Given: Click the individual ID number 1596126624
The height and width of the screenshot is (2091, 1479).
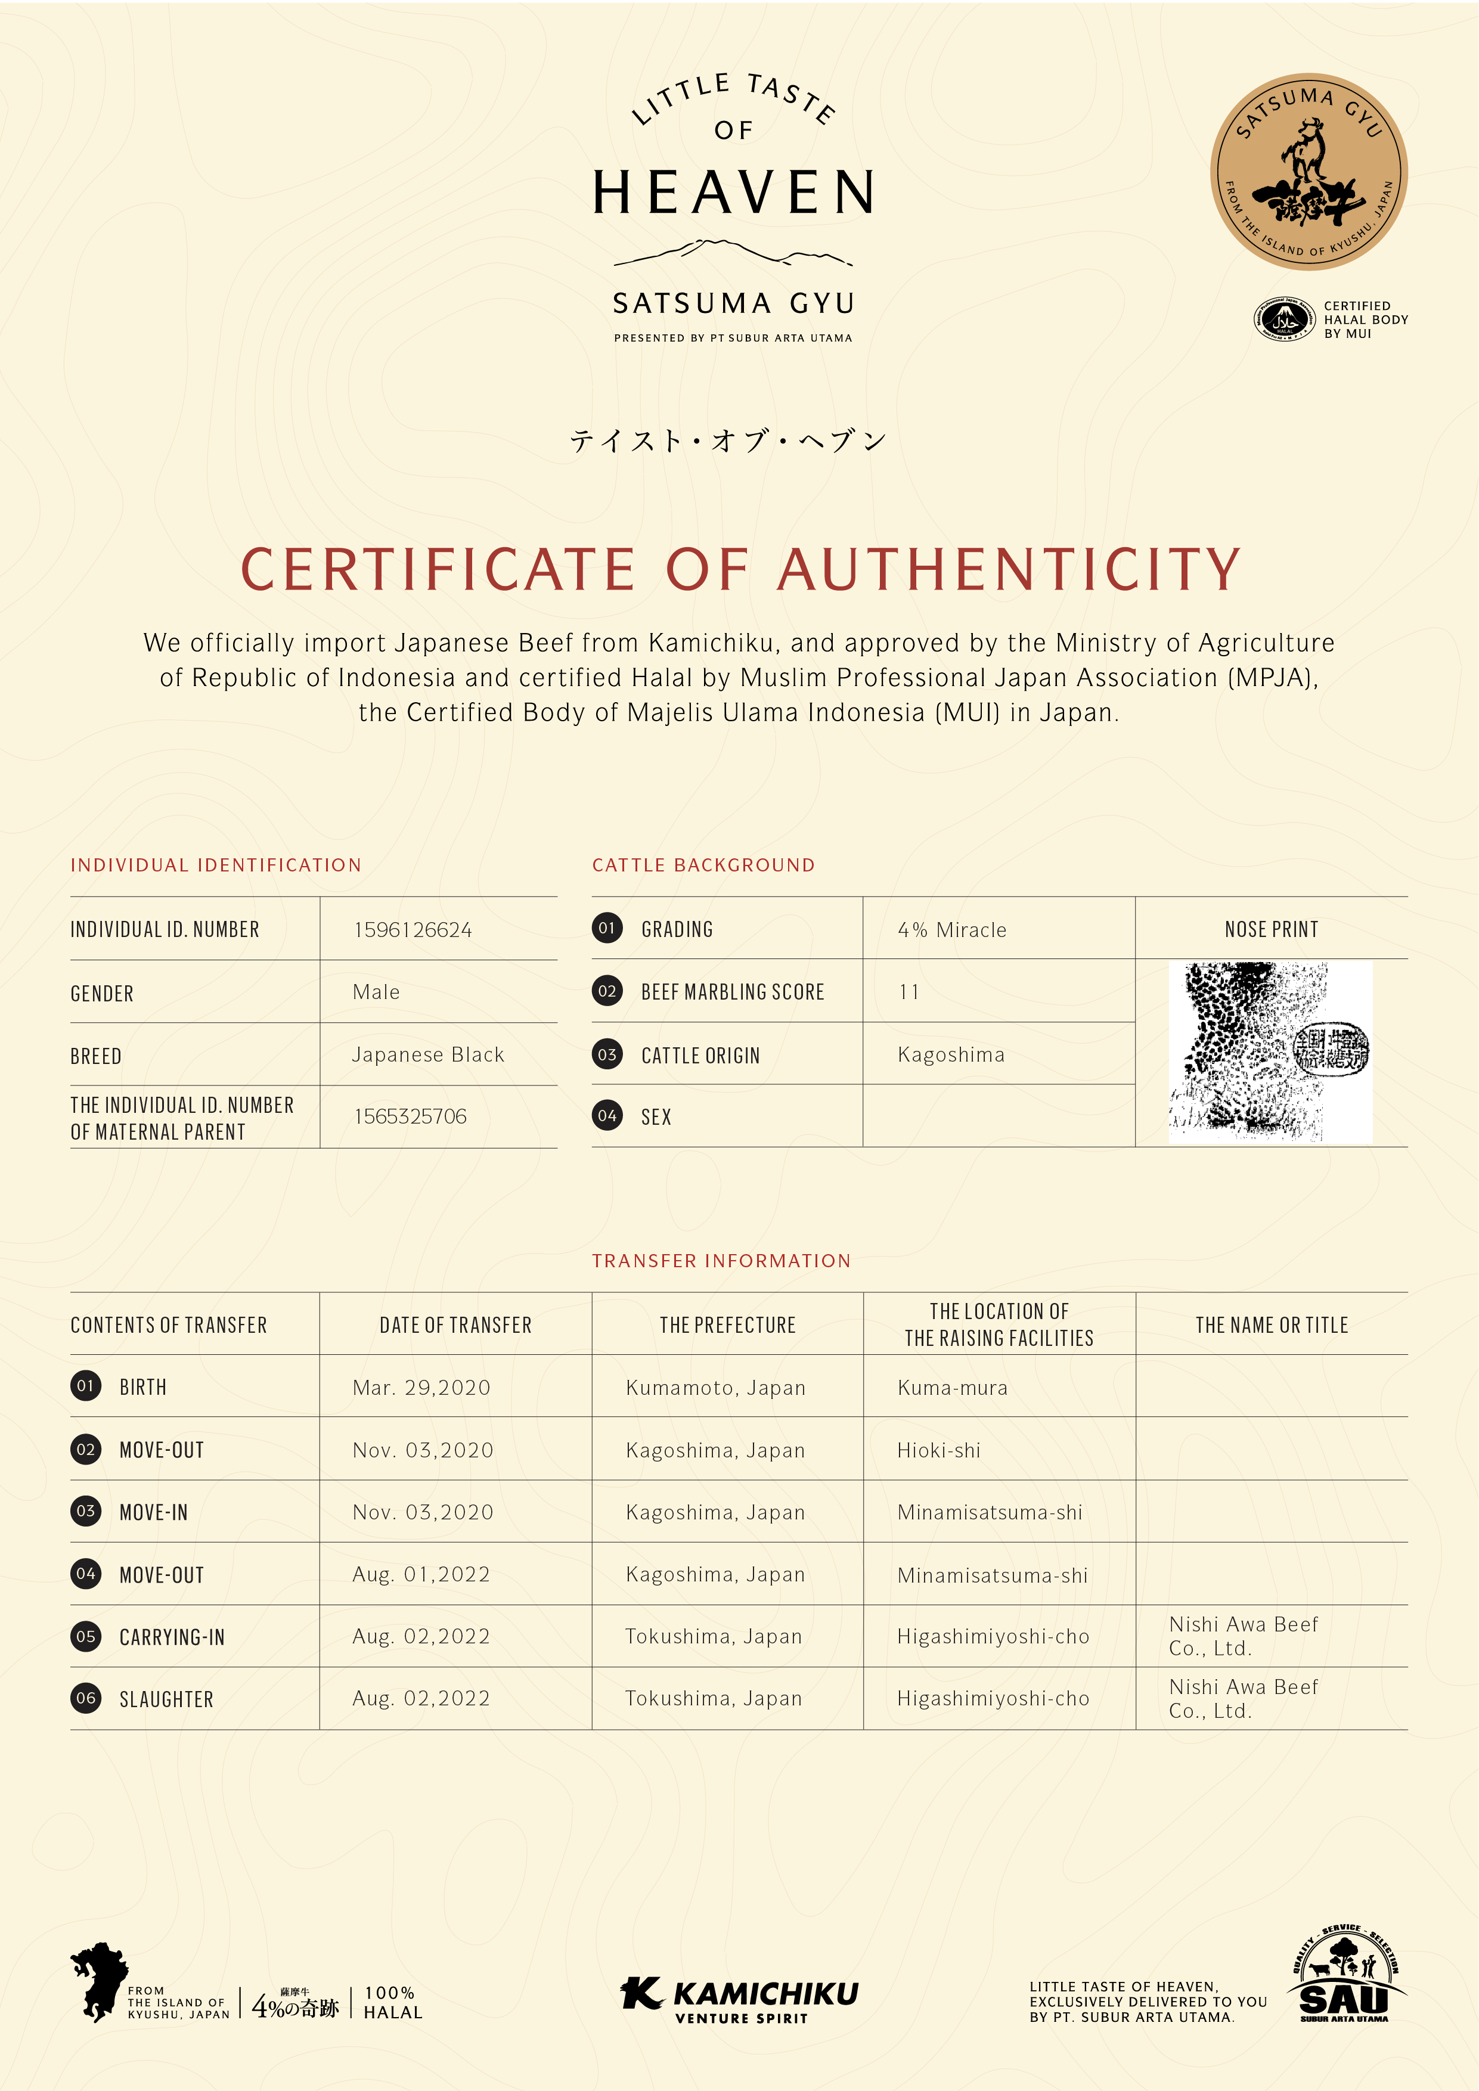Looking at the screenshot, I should click(x=413, y=930).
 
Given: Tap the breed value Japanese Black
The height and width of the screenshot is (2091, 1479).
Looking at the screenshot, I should click(x=428, y=1054).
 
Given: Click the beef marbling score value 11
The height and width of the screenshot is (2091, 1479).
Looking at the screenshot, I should click(x=909, y=992).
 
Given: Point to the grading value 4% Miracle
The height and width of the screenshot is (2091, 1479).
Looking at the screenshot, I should click(x=951, y=930).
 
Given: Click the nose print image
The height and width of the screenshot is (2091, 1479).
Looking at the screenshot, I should click(x=1270, y=1052).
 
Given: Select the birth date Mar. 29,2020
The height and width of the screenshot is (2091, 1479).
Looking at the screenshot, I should click(x=421, y=1388).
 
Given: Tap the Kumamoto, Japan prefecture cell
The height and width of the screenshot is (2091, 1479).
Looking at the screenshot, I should click(x=715, y=1388).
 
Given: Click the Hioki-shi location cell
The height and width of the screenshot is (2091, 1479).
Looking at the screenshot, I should click(x=938, y=1451).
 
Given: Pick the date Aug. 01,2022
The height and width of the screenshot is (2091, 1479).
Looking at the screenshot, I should click(x=421, y=1575).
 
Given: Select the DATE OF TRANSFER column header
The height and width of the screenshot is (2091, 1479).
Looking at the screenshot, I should click(x=455, y=1325).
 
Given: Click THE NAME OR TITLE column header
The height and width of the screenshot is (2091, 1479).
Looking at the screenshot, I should click(x=1272, y=1325).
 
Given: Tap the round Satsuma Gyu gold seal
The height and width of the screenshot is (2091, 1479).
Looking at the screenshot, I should click(x=1309, y=171).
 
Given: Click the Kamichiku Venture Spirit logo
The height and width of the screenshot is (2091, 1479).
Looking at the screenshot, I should click(x=739, y=2000).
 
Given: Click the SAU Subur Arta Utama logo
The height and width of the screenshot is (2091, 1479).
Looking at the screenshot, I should click(x=1344, y=1976).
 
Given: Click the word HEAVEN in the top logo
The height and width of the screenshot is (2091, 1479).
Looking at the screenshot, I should click(x=734, y=193).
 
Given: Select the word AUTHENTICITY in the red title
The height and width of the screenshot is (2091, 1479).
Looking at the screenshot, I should click(x=1009, y=570).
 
